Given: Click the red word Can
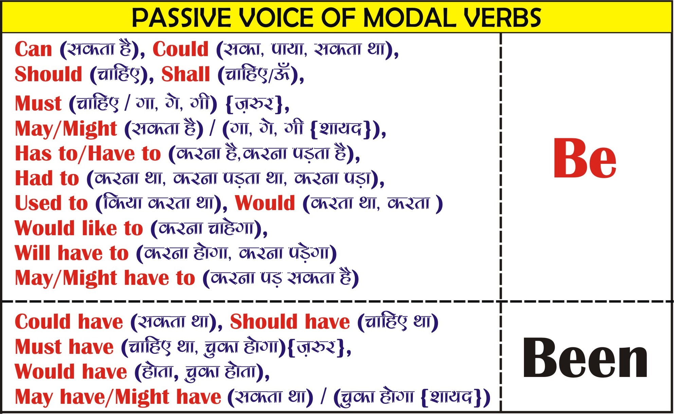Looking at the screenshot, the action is coord(33,49).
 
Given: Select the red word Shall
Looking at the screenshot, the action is coord(186,74).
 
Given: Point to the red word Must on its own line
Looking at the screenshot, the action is coord(38,103).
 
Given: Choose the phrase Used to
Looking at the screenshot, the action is coord(51,203).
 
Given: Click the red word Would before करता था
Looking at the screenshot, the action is coord(265,203).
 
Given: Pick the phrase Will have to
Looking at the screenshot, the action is coord(72,253).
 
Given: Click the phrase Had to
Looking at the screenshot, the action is coord(47,178).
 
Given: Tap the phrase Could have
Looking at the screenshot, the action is coord(69,322).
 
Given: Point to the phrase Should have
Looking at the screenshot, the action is coord(290,322).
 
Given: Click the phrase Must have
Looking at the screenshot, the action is coord(64,347).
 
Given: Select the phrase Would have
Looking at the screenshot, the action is coord(71,372).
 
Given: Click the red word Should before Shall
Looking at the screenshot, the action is coord(49,74).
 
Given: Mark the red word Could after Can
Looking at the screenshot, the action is coord(181,49).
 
